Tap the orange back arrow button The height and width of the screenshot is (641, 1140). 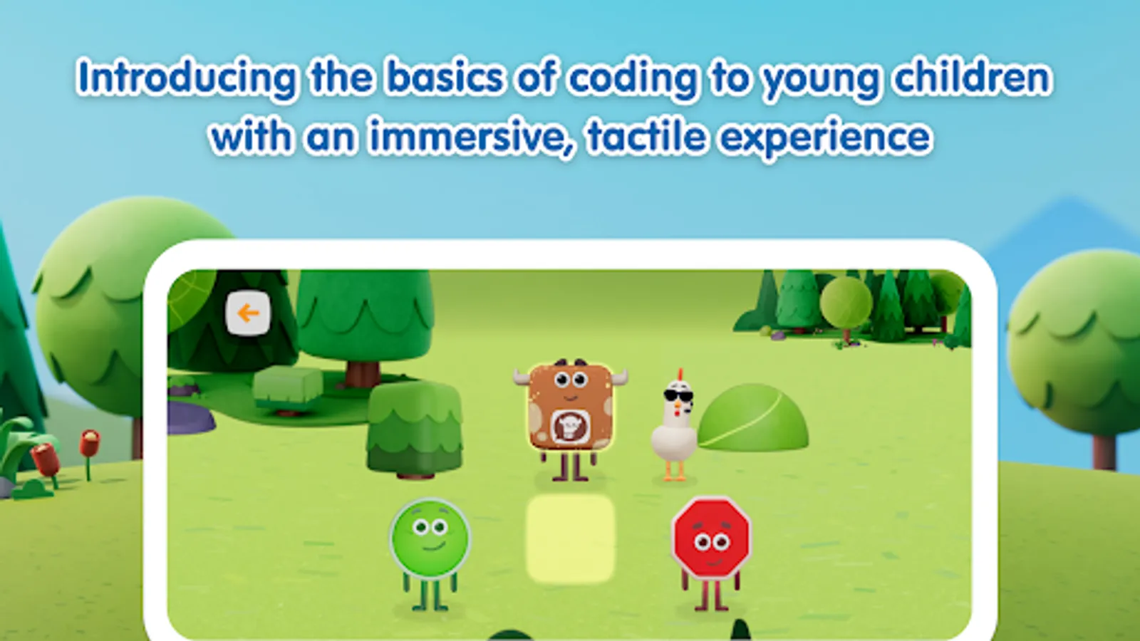248,313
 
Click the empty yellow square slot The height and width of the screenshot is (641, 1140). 571,538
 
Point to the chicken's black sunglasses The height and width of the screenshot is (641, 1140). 678,396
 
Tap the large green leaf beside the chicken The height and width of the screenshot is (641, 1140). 752,418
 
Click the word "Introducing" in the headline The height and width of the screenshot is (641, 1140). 186,78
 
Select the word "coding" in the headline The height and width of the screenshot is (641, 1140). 632,78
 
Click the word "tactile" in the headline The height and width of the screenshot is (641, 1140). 646,136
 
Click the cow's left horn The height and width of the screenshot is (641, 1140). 522,377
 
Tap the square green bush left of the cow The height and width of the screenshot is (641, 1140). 414,429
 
